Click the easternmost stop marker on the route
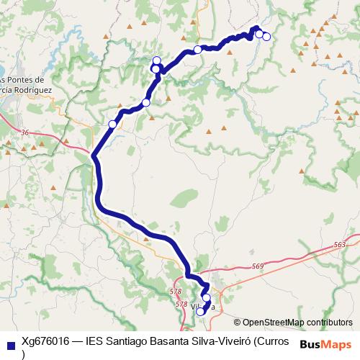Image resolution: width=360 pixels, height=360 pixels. (266, 37)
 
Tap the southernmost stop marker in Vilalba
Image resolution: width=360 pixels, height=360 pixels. (200, 312)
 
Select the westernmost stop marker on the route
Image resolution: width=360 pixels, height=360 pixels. (112, 125)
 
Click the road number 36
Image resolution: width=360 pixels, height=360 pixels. (25, 132)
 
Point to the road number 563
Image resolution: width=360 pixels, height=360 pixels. (341, 246)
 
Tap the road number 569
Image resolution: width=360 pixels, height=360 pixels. (258, 267)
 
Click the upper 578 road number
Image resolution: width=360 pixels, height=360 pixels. (174, 292)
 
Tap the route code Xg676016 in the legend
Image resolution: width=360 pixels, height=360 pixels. (45, 342)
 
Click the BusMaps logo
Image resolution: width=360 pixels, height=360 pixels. (325, 344)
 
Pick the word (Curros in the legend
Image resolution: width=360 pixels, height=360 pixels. (273, 342)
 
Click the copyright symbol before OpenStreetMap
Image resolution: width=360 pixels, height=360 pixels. (238, 323)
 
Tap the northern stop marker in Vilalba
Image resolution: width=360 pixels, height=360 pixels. (206, 298)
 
